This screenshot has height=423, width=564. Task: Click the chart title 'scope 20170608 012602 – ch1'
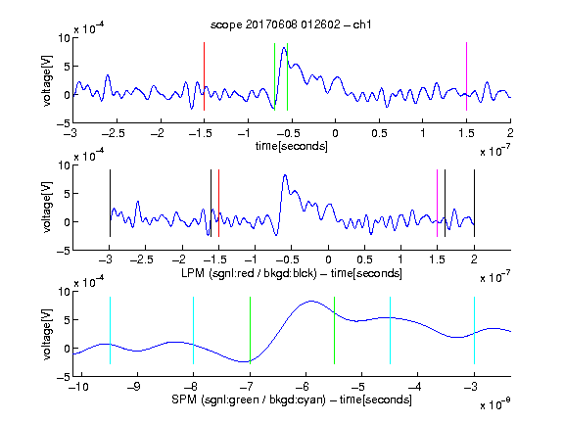pos(291,24)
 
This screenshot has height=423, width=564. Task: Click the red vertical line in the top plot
pos(204,76)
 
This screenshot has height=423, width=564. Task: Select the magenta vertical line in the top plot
pos(466,76)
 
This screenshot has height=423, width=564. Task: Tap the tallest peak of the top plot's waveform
pos(284,48)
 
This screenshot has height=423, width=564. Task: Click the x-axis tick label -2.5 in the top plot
pos(114,133)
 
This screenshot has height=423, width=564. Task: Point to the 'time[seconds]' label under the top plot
pos(292,146)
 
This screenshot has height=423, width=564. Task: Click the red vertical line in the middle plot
pos(218,204)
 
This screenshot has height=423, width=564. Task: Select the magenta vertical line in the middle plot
pos(437,204)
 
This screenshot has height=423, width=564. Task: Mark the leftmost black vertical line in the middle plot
pos(110,204)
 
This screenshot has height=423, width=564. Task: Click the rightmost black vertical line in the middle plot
pos(474,204)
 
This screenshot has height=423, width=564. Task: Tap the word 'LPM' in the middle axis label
pos(193,273)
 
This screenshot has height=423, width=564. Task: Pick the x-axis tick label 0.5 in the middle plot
pos(364,259)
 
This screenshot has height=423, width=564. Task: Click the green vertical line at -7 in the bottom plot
pos(250,330)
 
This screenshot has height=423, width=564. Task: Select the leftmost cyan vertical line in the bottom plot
pos(110,330)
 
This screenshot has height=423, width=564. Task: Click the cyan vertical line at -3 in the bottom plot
pos(474,330)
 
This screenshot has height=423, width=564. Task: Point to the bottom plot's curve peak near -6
pos(310,301)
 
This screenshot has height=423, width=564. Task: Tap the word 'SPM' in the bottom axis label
pos(184,399)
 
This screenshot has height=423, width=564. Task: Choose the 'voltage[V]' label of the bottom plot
pos(47,334)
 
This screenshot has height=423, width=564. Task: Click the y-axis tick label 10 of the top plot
pos(64,37)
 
